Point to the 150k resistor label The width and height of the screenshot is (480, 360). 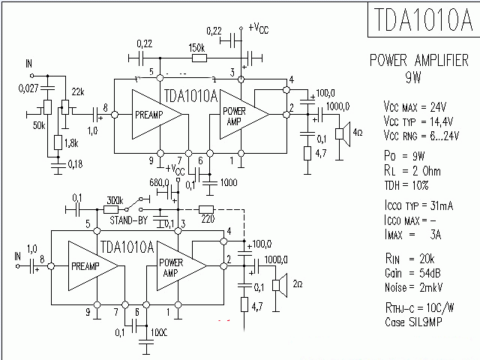(199, 46)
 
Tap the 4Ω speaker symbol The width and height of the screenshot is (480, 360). (340, 133)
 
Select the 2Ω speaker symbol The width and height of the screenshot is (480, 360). (277, 284)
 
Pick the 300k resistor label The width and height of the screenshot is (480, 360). (115, 201)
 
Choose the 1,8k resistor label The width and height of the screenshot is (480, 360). (71, 142)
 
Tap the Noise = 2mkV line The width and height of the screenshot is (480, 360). (409, 287)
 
